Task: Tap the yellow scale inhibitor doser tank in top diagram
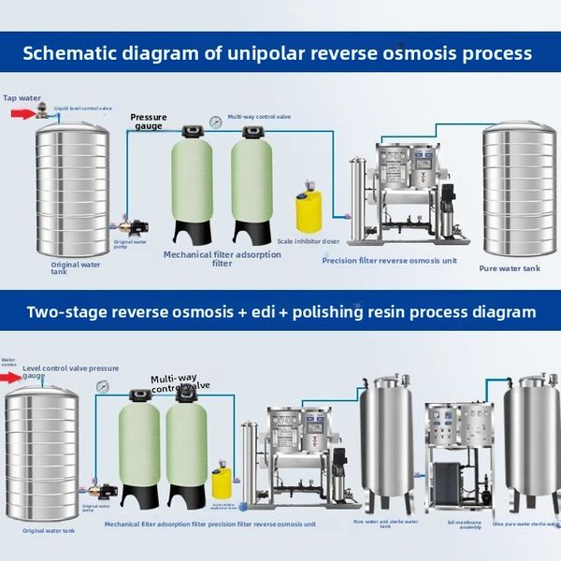[309, 210]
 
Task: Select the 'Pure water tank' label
[510, 268]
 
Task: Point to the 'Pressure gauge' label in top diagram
[149, 122]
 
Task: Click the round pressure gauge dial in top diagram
[216, 121]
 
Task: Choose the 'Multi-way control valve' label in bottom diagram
[180, 383]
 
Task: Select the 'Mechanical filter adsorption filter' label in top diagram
[222, 258]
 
